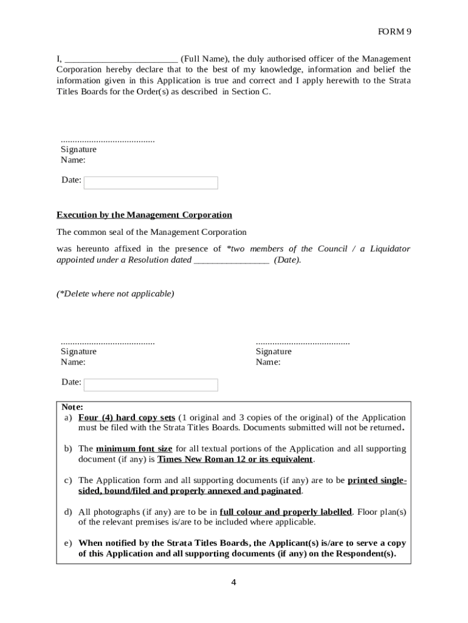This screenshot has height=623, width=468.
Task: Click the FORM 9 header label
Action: [394, 32]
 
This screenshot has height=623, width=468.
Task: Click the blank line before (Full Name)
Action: [121, 60]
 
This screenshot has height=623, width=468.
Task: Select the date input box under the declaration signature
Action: [151, 183]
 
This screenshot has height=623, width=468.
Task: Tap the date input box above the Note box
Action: [151, 385]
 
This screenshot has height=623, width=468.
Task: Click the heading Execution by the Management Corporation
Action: [144, 215]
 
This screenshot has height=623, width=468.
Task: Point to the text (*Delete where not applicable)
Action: [115, 294]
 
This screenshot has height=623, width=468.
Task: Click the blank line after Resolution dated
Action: [231, 260]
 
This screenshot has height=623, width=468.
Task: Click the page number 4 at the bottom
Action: [233, 582]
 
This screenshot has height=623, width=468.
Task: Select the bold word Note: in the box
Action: [72, 406]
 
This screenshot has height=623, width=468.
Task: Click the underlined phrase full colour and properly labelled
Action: [286, 512]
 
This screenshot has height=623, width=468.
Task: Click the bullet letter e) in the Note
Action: [68, 543]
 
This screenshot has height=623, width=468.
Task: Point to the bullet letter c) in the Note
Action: [68, 481]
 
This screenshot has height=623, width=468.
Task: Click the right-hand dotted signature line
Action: [303, 343]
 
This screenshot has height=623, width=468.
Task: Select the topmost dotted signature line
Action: [108, 141]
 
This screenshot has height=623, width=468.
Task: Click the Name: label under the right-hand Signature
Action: [268, 362]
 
